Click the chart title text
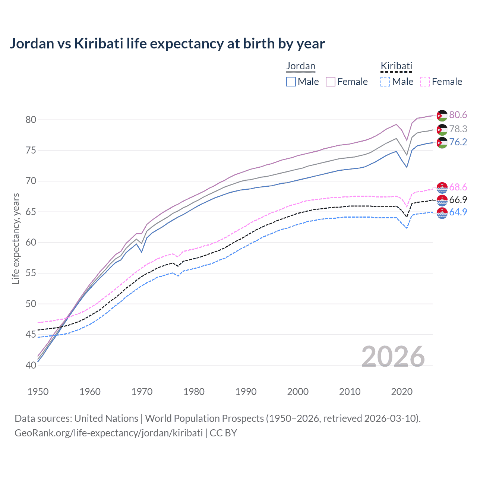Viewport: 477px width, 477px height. pyautogui.click(x=167, y=44)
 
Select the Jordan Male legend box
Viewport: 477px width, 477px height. pyautogui.click(x=291, y=82)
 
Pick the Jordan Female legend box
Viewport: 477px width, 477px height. pyautogui.click(x=331, y=82)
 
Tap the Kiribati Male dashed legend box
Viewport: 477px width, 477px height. pyautogui.click(x=385, y=82)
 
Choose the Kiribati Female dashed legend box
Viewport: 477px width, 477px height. pyautogui.click(x=425, y=82)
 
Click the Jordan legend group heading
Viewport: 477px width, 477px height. pyautogui.click(x=301, y=66)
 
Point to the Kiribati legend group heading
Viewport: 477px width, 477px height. pyautogui.click(x=396, y=66)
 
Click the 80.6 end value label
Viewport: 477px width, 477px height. pyautogui.click(x=458, y=115)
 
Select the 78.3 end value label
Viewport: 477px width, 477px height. pyautogui.click(x=458, y=129)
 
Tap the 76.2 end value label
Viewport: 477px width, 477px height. pyautogui.click(x=458, y=142)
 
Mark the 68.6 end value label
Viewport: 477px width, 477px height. pyautogui.click(x=458, y=187)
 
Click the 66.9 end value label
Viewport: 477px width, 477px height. pyautogui.click(x=458, y=200)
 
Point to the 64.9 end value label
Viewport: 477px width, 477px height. pyautogui.click(x=458, y=212)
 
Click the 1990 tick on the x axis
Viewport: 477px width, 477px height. pyautogui.click(x=246, y=392)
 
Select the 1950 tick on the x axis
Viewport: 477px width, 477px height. pyautogui.click(x=38, y=392)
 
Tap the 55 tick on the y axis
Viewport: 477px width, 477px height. pyautogui.click(x=31, y=273)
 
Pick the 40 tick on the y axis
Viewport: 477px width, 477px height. pyautogui.click(x=31, y=365)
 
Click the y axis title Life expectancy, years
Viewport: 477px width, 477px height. pyautogui.click(x=16, y=239)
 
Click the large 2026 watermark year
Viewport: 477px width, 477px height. pyautogui.click(x=393, y=357)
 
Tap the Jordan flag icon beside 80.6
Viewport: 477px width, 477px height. pyautogui.click(x=442, y=116)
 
